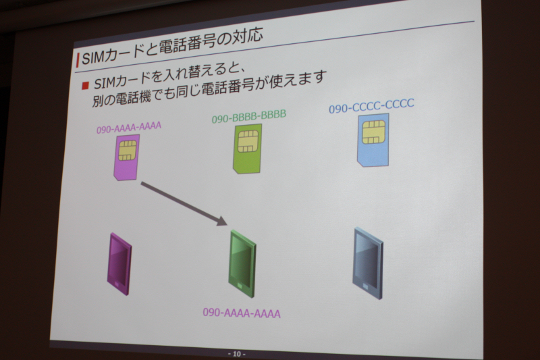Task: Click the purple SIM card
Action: click(x=127, y=157)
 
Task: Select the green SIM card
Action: click(x=247, y=149)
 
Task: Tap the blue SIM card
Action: click(x=373, y=140)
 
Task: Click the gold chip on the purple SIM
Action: click(x=127, y=150)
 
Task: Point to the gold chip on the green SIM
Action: click(x=248, y=141)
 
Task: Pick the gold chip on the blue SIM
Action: click(x=373, y=132)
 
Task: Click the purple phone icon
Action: click(x=119, y=264)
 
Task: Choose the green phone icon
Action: click(x=243, y=263)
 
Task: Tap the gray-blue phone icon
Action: click(x=368, y=263)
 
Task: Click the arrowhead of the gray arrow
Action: click(x=221, y=220)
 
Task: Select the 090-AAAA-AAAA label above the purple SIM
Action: click(x=129, y=128)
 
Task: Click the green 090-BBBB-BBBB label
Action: click(x=249, y=116)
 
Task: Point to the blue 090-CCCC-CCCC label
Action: click(x=371, y=106)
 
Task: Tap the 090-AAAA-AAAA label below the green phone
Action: click(x=242, y=313)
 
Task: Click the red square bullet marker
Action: click(x=85, y=85)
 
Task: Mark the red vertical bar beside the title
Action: click(x=78, y=60)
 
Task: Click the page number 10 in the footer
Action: click(x=237, y=354)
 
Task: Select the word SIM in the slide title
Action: click(x=93, y=58)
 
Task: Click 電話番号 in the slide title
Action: click(x=187, y=45)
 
